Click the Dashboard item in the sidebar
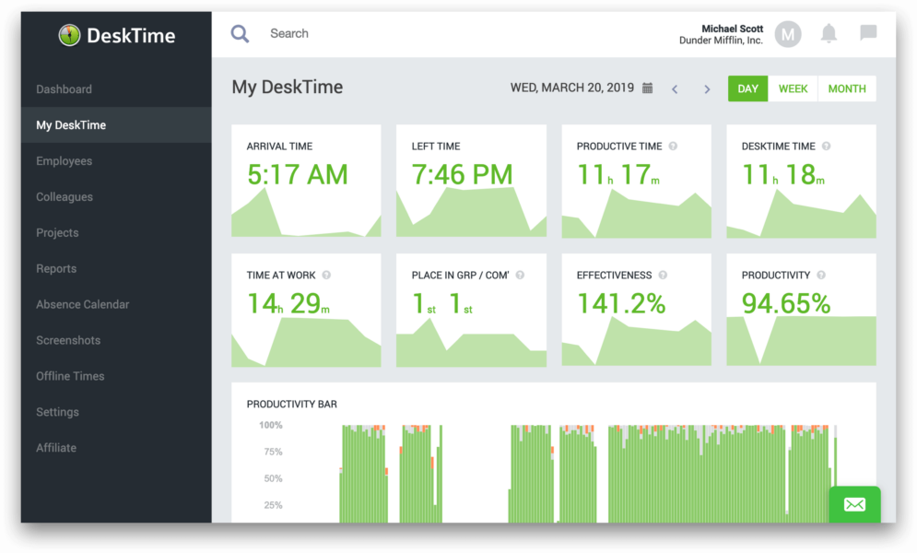(64, 89)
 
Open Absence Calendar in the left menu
(82, 304)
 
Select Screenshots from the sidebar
(68, 340)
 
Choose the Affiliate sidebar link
(56, 448)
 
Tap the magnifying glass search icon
(240, 34)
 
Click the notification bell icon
(829, 34)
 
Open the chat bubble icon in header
(868, 34)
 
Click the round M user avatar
(787, 35)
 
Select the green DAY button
(747, 88)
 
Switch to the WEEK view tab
(793, 88)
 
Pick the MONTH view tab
(846, 88)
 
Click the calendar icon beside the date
(648, 88)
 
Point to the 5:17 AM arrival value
(298, 174)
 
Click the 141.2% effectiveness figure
(621, 303)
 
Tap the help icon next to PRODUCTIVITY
(821, 275)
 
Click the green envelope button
(854, 504)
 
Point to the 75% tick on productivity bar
(271, 452)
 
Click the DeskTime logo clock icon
(69, 35)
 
